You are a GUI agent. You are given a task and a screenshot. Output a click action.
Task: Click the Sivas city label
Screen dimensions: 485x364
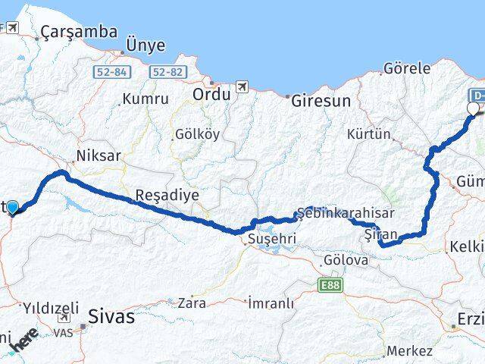coord(113,315)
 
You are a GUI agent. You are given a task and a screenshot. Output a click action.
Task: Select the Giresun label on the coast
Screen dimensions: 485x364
coord(318,100)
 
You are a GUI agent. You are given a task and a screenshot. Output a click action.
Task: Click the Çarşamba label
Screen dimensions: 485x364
coord(80,32)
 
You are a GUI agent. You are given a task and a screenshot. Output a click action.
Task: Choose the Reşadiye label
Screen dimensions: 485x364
coord(167,195)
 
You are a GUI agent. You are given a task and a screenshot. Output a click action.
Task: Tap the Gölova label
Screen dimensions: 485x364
coord(346,260)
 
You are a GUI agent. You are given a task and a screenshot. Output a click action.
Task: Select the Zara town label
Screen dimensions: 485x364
coord(192,303)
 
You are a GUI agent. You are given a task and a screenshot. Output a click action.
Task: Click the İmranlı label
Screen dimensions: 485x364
coord(271,303)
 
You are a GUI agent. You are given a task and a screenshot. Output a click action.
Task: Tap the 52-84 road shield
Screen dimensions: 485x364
coord(111,71)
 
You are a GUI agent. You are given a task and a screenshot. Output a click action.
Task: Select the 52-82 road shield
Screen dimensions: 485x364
coord(167,71)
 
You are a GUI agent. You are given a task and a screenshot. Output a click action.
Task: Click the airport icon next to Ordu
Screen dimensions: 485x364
coord(242,86)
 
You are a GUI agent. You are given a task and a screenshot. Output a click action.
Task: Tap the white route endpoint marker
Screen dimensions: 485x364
coord(474,108)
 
